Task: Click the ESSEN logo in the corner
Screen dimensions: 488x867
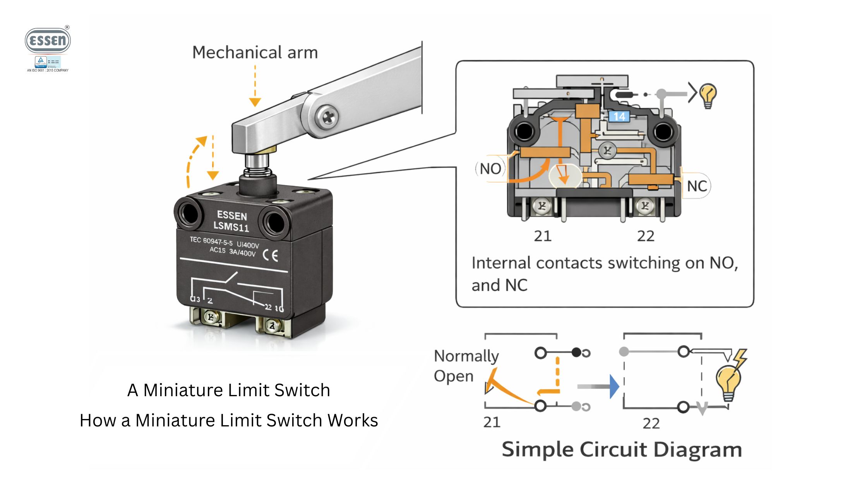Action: tap(48, 41)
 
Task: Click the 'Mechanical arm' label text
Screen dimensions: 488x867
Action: tap(255, 52)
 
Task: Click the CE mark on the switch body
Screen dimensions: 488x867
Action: tap(270, 256)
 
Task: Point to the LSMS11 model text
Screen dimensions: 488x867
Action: tap(231, 226)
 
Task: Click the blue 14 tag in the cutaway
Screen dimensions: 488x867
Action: tap(619, 116)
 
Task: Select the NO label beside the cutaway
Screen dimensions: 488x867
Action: tap(490, 169)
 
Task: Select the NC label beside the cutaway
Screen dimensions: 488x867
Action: tap(697, 186)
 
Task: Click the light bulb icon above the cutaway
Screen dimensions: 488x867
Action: tap(708, 95)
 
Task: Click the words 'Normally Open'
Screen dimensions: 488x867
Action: tap(466, 366)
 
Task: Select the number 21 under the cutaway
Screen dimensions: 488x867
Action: tap(542, 236)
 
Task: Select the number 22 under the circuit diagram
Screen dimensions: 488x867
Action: tap(651, 423)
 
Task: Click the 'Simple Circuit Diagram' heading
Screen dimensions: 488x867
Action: tap(622, 450)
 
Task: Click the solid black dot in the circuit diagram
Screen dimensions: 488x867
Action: tap(576, 352)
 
